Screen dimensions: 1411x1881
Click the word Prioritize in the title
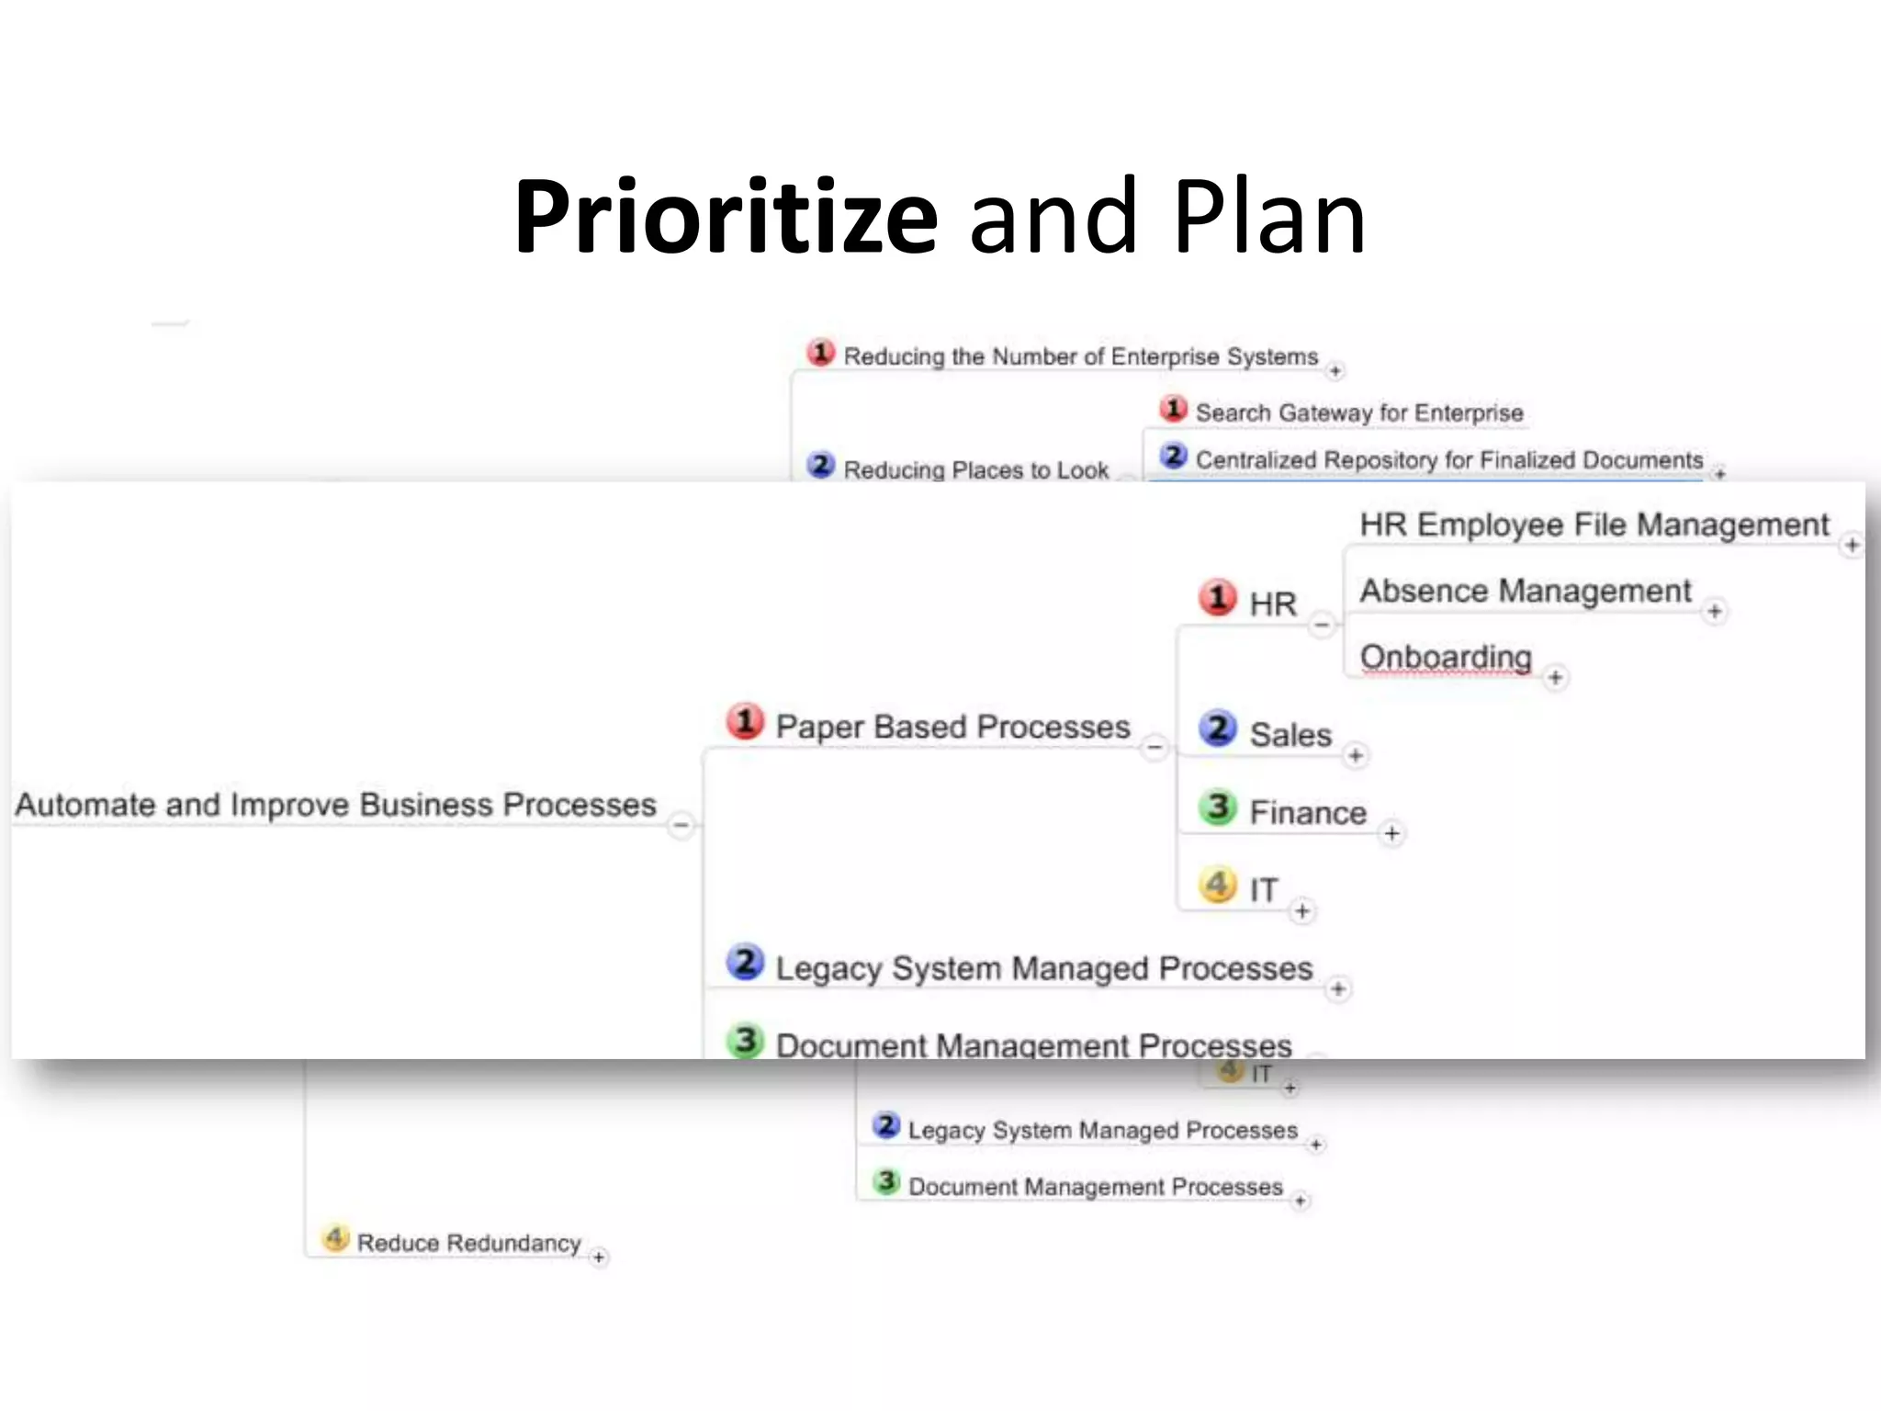[x=726, y=219]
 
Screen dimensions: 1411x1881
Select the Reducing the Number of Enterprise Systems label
[x=1080, y=356]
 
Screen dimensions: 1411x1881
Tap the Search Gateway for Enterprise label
[x=1358, y=413]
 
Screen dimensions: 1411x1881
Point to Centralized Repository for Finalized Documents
[x=1448, y=460]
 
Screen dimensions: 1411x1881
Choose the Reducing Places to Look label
[x=975, y=470]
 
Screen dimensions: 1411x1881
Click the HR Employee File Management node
[x=1594, y=525]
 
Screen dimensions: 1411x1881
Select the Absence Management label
[x=1525, y=591]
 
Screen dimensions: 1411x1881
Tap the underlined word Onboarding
[x=1446, y=657]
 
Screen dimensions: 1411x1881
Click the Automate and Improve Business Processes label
[x=335, y=805]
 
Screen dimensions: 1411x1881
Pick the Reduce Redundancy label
[x=468, y=1243]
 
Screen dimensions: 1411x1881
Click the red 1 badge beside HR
[x=1218, y=598]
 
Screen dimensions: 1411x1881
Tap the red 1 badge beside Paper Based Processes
[x=745, y=722]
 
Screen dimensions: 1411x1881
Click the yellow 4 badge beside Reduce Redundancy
[x=335, y=1238]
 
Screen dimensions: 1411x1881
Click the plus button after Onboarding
[x=1555, y=678]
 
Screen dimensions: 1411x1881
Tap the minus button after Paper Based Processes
[x=1155, y=748]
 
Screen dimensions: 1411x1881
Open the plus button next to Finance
[x=1392, y=833]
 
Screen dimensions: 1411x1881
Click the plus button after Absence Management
[x=1715, y=612]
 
